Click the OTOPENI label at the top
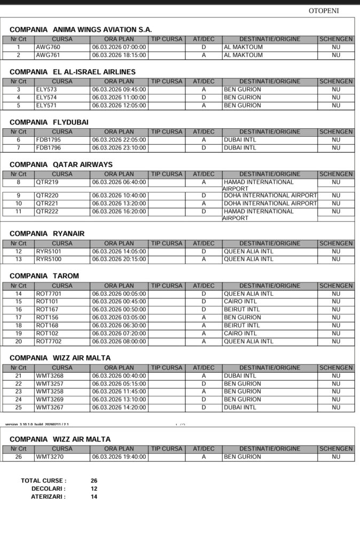click(x=324, y=11)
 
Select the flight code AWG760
click(x=48, y=47)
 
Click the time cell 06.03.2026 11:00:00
click(x=119, y=98)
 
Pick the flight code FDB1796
click(x=49, y=148)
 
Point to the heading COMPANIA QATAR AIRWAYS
click(x=61, y=164)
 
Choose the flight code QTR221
click(x=47, y=203)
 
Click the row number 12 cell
click(x=19, y=252)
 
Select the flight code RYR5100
click(x=49, y=259)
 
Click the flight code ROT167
click(x=47, y=310)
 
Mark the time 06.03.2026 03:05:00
click(x=119, y=318)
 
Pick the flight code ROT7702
click(x=49, y=341)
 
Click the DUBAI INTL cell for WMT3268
click(x=240, y=376)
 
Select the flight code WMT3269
click(x=50, y=399)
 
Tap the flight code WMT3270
click(x=50, y=457)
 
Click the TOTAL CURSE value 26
click(x=94, y=481)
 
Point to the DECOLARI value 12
click(x=94, y=489)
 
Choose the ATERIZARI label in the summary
click(x=48, y=497)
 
